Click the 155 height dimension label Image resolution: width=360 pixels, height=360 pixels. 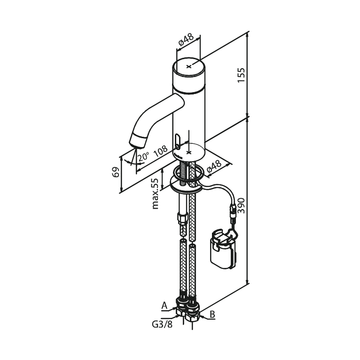(241, 75)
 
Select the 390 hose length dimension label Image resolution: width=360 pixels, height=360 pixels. (241, 205)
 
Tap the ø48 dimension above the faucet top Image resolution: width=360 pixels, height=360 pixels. (186, 39)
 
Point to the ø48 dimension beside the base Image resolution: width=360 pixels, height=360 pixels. (214, 166)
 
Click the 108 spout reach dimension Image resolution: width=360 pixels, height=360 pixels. (160, 151)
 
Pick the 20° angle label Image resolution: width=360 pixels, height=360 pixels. (143, 157)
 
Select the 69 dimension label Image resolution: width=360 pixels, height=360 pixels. (116, 172)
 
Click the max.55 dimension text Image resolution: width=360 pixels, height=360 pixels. (155, 194)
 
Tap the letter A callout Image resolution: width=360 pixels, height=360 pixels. (164, 305)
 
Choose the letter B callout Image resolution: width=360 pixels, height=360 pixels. (212, 314)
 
